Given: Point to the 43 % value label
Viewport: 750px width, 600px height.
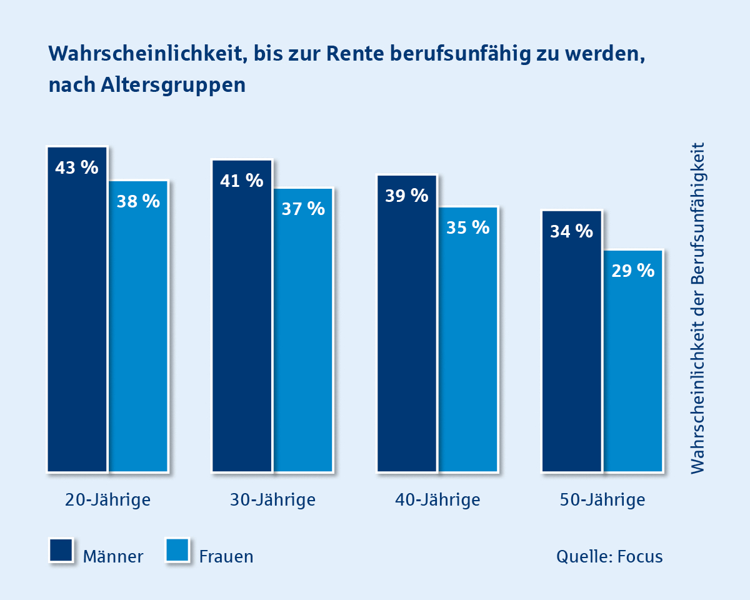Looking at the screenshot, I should (x=77, y=167).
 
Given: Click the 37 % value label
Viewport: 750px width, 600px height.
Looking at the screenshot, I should (x=303, y=209).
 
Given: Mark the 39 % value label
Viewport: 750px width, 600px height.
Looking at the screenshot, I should (x=406, y=196).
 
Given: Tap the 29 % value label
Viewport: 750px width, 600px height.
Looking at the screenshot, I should (x=633, y=271).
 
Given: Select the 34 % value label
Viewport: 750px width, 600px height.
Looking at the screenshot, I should (x=571, y=231).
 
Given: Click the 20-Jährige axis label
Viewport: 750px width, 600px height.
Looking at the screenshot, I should (x=108, y=500).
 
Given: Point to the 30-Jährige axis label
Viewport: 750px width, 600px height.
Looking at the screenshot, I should (x=272, y=500).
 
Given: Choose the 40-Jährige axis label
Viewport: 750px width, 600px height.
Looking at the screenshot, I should (x=437, y=500).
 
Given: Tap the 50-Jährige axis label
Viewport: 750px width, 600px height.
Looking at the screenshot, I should (x=602, y=500).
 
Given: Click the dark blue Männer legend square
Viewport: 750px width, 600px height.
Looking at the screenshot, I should (x=61, y=551).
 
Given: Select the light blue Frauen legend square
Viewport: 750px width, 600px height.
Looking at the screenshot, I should (x=177, y=551).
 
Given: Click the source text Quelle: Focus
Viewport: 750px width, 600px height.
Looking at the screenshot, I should (x=609, y=556).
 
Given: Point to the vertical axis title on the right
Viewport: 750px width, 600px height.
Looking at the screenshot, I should (x=697, y=307).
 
